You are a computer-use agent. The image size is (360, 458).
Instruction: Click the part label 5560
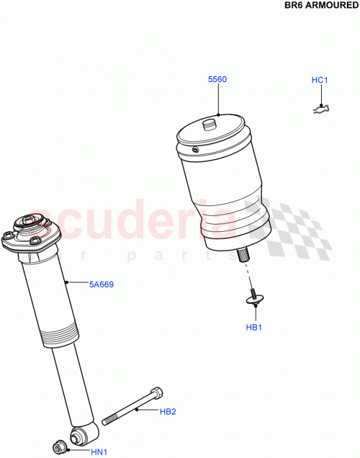click(217, 79)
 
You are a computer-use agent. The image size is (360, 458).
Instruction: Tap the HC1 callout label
click(320, 80)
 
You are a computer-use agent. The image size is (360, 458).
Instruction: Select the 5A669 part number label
click(102, 284)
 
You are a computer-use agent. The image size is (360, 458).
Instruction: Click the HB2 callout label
click(168, 412)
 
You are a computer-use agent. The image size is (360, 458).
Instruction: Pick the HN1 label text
click(98, 452)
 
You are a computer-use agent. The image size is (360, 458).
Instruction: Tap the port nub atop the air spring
click(210, 124)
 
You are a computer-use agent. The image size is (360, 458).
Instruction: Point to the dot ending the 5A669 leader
click(66, 282)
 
